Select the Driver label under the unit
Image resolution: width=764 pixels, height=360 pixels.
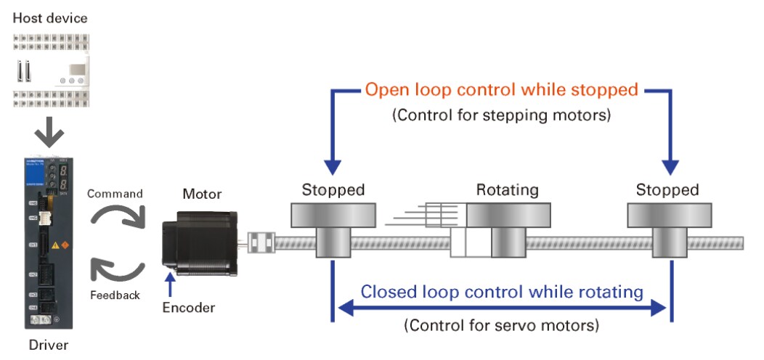[48, 345]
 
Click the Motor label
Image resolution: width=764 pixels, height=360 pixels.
[202, 194]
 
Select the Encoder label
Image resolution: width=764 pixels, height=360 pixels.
[188, 308]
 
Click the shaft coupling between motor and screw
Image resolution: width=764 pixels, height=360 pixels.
[259, 242]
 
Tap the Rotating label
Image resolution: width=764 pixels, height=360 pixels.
[507, 191]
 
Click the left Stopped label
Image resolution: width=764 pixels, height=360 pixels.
[333, 191]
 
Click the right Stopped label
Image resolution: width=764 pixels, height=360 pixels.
[667, 191]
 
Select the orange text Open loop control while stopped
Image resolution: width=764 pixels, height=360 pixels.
[501, 90]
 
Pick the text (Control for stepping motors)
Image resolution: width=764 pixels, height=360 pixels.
[501, 115]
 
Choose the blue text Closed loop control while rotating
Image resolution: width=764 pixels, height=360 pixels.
[502, 292]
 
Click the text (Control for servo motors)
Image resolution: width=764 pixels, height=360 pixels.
[502, 324]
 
